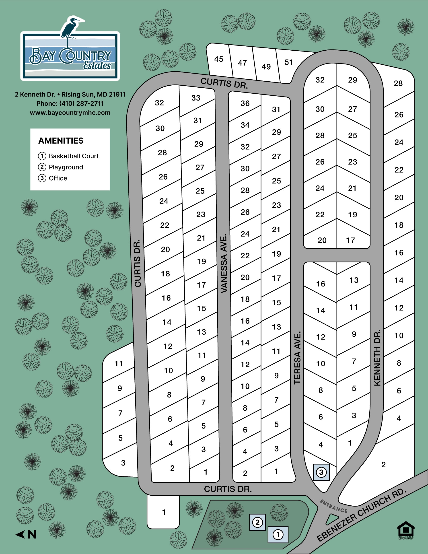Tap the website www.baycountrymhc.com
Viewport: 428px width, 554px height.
70,113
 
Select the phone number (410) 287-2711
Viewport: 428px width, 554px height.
70,103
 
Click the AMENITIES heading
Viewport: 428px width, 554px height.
61,140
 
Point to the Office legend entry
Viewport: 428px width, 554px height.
53,178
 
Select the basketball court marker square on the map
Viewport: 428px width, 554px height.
278,534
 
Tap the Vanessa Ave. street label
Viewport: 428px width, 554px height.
224,264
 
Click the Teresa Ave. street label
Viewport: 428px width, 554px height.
297,358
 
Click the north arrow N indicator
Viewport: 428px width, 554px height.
26,534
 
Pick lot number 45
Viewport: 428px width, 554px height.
219,59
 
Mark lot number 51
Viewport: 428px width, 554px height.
288,62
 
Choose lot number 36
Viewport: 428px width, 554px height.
245,103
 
